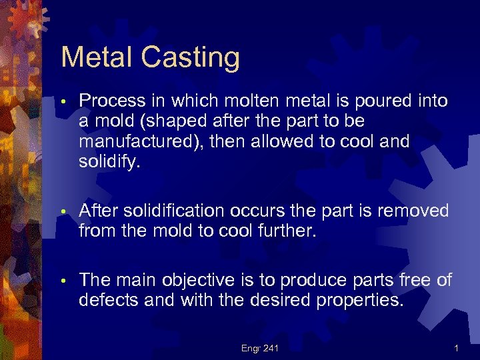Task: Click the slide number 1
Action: (456, 348)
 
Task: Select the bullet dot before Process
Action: (63, 103)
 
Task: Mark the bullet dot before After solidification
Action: (63, 213)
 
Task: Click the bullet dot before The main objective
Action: (63, 281)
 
